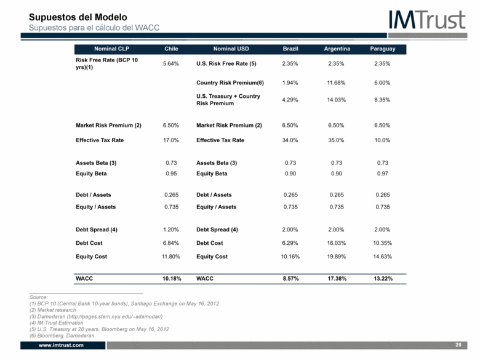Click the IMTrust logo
click(x=427, y=20)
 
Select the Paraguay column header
click(x=383, y=49)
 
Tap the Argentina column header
click(x=337, y=49)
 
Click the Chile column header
click(x=171, y=49)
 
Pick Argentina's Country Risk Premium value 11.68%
click(x=336, y=82)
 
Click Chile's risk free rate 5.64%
click(x=171, y=63)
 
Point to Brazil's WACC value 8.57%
click(x=290, y=279)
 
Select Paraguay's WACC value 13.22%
click(x=383, y=279)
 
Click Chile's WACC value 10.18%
click(x=172, y=279)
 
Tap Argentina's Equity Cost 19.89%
click(x=336, y=257)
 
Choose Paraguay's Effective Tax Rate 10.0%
click(x=382, y=140)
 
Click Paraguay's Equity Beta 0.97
click(x=383, y=174)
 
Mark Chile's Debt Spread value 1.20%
click(x=171, y=230)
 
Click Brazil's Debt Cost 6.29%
click(x=290, y=243)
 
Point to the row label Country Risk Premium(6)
click(x=230, y=82)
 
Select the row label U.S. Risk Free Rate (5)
click(x=226, y=63)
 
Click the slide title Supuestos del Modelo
click(x=78, y=17)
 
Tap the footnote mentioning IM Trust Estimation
click(x=57, y=322)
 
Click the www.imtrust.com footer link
click(x=61, y=345)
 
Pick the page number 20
click(x=458, y=345)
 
